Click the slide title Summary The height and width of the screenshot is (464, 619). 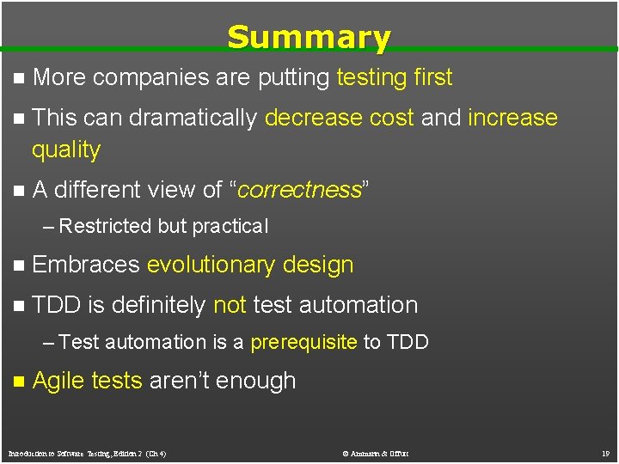[309, 37]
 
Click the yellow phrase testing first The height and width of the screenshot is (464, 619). [394, 78]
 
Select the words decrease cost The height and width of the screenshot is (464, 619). [339, 118]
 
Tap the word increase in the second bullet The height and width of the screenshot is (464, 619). [512, 118]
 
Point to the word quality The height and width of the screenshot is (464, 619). [66, 150]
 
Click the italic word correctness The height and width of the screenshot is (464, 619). [298, 190]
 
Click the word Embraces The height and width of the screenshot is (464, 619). [85, 265]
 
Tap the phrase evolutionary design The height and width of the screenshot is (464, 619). [250, 265]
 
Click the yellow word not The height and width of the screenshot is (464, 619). [230, 305]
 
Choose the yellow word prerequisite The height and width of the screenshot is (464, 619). [303, 342]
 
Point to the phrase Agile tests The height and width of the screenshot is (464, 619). [87, 381]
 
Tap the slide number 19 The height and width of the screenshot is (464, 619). [604, 453]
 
